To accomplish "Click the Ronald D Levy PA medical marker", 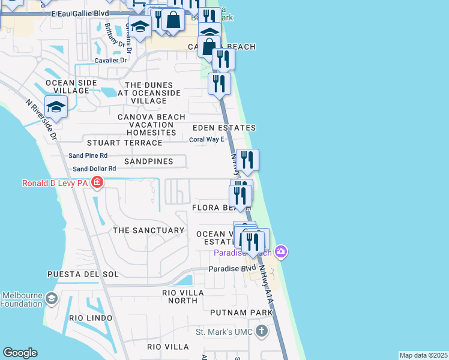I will [x=97, y=183].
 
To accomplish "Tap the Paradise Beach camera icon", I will [x=280, y=251].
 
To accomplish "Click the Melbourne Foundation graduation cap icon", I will [x=52, y=299].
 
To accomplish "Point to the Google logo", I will [x=20, y=353].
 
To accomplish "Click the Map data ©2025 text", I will [x=423, y=355].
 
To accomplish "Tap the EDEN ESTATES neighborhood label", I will [x=224, y=128].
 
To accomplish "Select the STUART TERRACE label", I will [x=124, y=143].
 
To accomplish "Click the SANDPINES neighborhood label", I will [x=148, y=161].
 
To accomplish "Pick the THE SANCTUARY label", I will [x=148, y=230].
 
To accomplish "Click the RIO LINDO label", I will [x=91, y=317].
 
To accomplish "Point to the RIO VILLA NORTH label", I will [x=183, y=297].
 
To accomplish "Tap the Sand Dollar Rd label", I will [x=94, y=169].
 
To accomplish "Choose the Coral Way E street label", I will [x=206, y=139].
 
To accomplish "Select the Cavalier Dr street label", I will [x=110, y=60].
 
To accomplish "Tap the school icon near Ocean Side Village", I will [x=56, y=107].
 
